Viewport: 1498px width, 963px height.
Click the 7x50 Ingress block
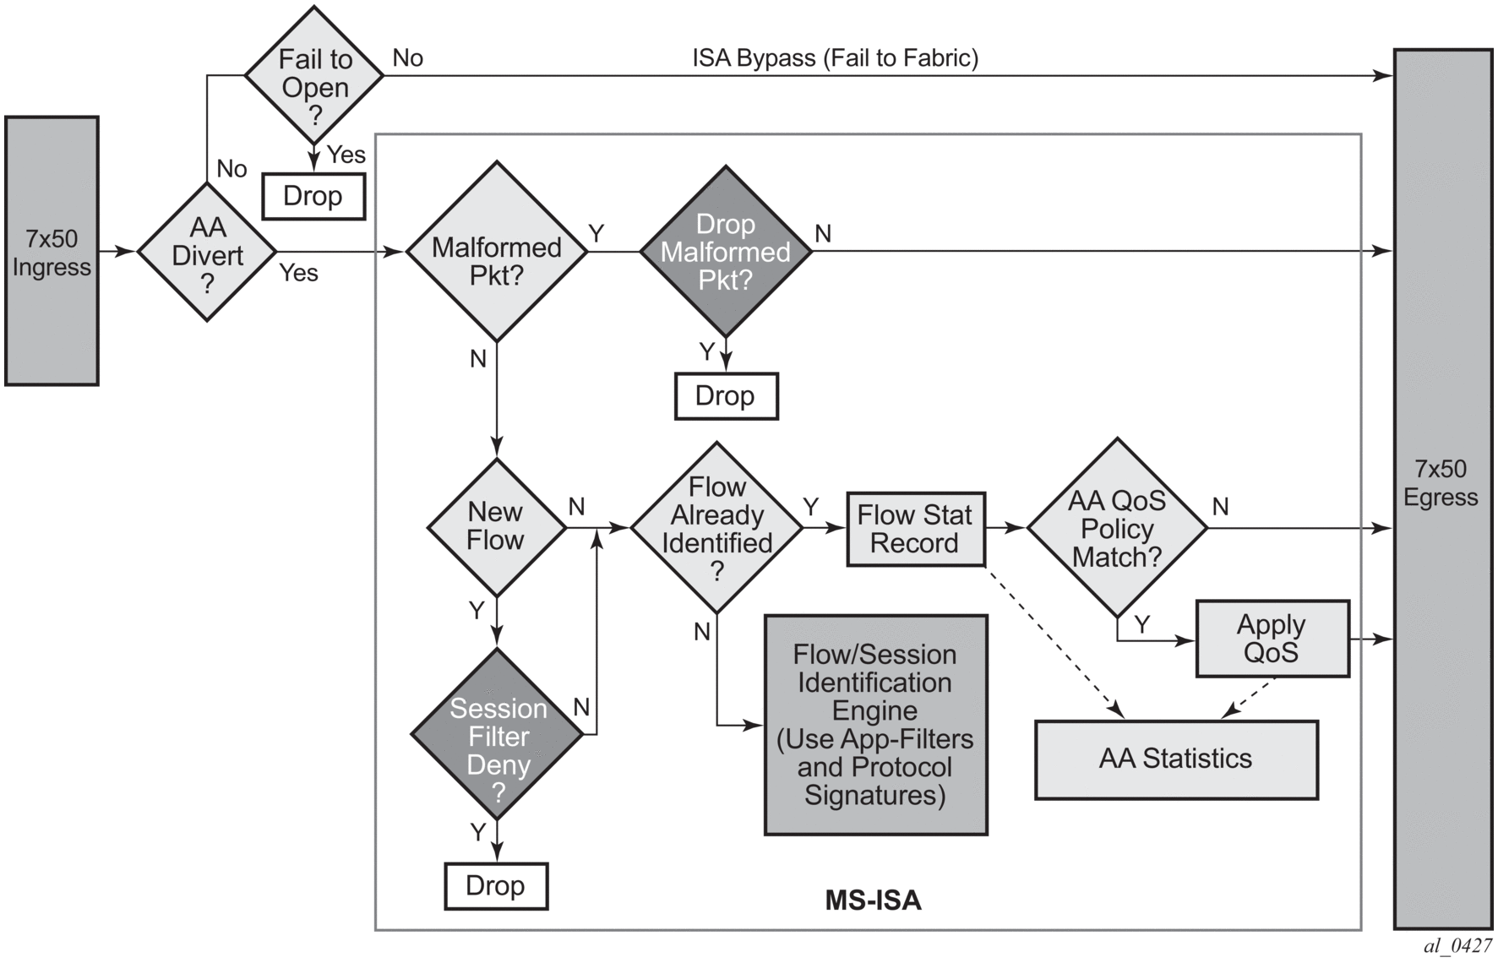coord(52,251)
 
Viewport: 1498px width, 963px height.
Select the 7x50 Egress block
coord(1441,488)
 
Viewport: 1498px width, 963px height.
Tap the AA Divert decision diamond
coord(207,253)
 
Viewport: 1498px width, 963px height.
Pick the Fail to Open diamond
coord(314,76)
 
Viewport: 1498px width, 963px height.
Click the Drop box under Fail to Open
coord(313,196)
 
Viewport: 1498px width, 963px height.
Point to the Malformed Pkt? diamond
coord(497,252)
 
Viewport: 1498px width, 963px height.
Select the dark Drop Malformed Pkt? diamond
coord(725,252)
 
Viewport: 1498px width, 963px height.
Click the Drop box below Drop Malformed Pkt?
coord(726,395)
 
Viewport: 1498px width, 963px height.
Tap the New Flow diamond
coord(497,527)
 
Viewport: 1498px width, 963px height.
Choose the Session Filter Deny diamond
coord(498,734)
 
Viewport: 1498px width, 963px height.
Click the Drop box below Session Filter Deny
coord(496,885)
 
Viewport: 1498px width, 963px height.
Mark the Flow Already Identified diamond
coord(716,527)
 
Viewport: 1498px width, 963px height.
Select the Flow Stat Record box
coord(915,529)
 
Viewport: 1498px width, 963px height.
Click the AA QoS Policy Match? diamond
coord(1117,528)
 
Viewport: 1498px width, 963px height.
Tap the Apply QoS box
coord(1272,639)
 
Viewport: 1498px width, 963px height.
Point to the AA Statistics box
coord(1175,759)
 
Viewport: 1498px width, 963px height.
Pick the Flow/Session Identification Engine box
coord(875,725)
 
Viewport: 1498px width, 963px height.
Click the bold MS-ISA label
coord(873,900)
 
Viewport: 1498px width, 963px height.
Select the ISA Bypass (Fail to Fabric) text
coord(835,58)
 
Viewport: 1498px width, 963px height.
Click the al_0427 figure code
coord(1457,946)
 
